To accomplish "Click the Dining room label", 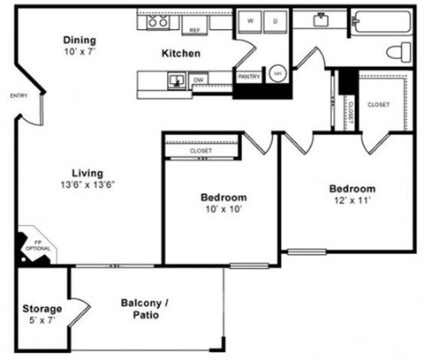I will pyautogui.click(x=79, y=41).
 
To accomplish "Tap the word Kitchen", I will pyautogui.click(x=180, y=54).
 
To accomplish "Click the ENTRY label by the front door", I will pyautogui.click(x=18, y=95).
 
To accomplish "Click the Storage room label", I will pyautogui.click(x=42, y=309).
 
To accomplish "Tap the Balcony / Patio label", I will pyautogui.click(x=146, y=309).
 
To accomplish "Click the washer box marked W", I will pyautogui.click(x=251, y=20).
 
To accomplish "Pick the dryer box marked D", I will pyautogui.click(x=275, y=20).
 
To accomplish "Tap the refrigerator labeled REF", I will pyautogui.click(x=194, y=29).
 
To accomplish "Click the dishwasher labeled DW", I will pyautogui.click(x=199, y=80).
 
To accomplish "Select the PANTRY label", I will pyautogui.click(x=249, y=77).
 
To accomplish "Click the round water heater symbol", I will pyautogui.click(x=277, y=74).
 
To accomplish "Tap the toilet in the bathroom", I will pyautogui.click(x=403, y=49).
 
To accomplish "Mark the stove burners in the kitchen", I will pyautogui.click(x=157, y=21).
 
